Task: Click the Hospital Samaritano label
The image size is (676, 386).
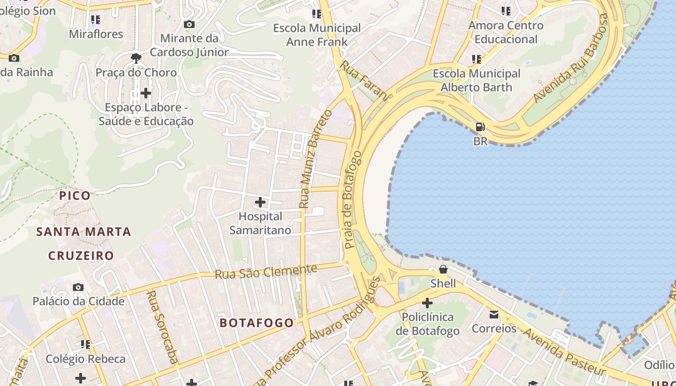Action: tap(260, 223)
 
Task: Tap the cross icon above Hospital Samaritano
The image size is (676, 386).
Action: tap(260, 202)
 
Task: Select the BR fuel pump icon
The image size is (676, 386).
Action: tap(480, 127)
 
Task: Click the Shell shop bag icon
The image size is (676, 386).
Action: tap(443, 269)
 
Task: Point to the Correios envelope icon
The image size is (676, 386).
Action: tap(494, 315)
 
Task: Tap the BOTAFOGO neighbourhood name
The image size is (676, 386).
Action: tap(257, 323)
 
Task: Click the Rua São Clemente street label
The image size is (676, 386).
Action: tap(266, 272)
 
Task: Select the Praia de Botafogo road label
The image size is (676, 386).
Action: tap(352, 200)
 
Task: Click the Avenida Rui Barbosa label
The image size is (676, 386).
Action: tap(571, 59)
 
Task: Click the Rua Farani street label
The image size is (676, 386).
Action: tap(364, 81)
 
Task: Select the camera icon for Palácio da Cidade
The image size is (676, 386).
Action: tap(78, 288)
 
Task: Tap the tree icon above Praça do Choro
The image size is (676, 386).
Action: tap(136, 58)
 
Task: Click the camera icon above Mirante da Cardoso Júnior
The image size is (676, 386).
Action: tap(189, 24)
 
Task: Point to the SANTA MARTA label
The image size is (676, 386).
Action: tap(84, 232)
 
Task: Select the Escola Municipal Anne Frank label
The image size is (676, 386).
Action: tap(317, 35)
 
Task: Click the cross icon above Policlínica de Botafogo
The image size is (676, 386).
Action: tap(427, 303)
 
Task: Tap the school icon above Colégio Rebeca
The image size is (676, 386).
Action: tap(85, 345)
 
